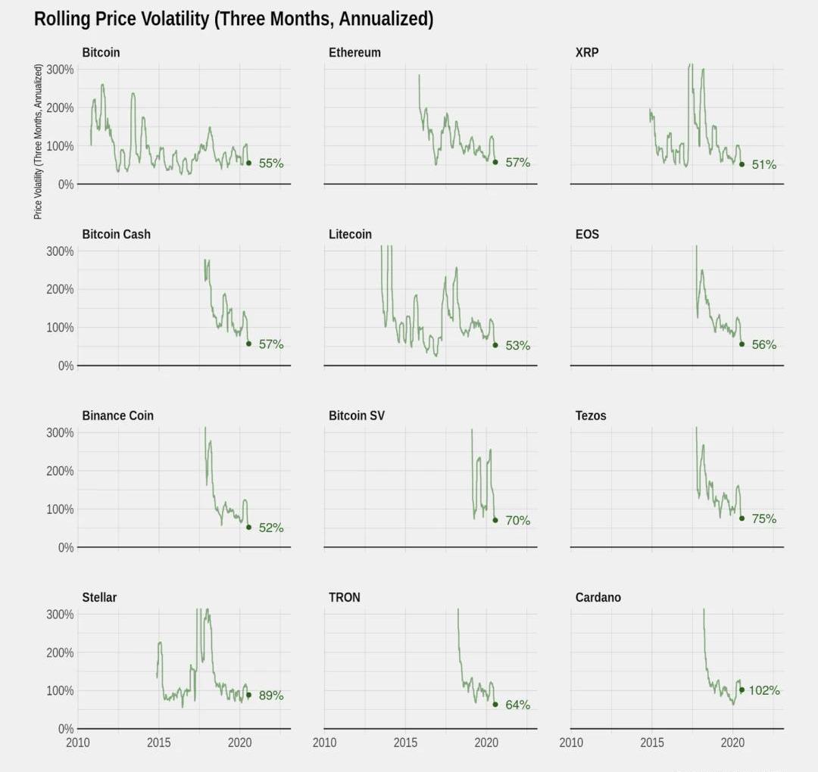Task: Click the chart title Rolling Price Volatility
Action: pos(233,19)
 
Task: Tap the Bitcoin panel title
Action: pos(101,52)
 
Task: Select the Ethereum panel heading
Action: pos(354,52)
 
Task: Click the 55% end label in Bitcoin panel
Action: pos(271,163)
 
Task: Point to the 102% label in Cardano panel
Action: pos(764,690)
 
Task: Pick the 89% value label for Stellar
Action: pos(271,695)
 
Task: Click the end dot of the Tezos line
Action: pos(742,518)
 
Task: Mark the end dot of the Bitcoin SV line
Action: pos(495,520)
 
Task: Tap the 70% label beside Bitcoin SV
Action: pos(518,521)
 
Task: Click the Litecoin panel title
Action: pos(350,234)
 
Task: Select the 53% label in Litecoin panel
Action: pos(518,345)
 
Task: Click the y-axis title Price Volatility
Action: pos(38,142)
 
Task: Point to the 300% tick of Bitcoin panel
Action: pos(60,70)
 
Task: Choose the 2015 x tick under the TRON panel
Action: pos(405,742)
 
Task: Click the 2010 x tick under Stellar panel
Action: pos(77,742)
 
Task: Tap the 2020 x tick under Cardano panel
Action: pos(732,742)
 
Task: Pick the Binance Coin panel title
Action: pos(117,416)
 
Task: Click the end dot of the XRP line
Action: pos(742,164)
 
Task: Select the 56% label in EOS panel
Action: pos(764,344)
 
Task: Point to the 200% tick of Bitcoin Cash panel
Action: pos(60,289)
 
